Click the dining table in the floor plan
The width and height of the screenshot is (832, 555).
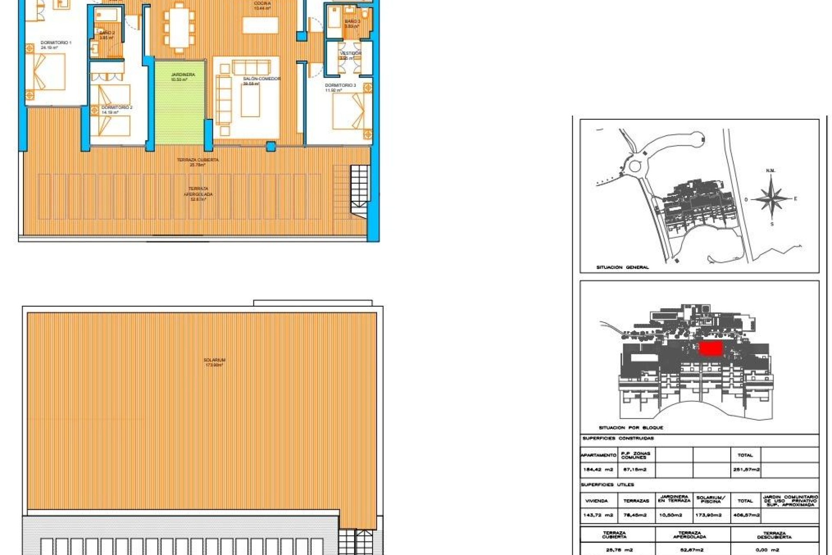tap(178, 28)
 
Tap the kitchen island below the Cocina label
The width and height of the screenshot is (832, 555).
tap(260, 25)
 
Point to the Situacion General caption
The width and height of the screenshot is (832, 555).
tap(622, 268)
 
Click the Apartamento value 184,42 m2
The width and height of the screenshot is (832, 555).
tap(598, 470)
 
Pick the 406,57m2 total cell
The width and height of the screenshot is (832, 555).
tap(745, 515)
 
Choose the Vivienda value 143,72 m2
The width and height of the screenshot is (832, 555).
tap(598, 515)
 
